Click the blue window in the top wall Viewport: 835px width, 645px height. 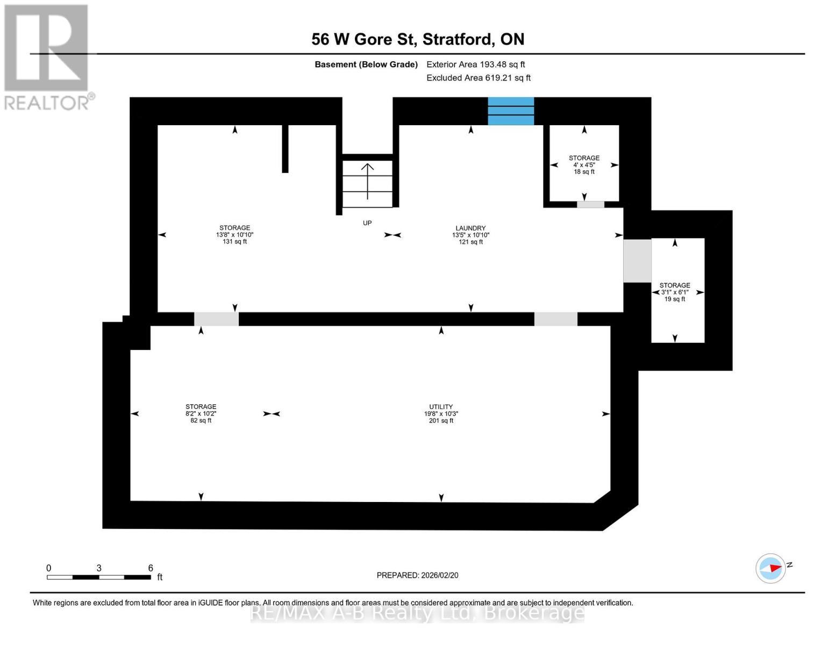(x=510, y=111)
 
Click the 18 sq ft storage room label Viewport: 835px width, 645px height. (x=584, y=164)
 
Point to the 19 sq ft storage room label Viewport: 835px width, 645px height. (x=674, y=292)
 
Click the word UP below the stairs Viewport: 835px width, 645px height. (x=367, y=223)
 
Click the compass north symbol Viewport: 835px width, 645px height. (x=770, y=568)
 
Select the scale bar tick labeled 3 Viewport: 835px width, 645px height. (x=99, y=568)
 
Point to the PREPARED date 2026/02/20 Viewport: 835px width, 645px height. (x=417, y=575)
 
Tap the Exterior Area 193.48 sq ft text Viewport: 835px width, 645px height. (x=475, y=64)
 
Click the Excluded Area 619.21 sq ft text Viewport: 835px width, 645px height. (x=478, y=78)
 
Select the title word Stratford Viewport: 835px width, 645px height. (x=458, y=39)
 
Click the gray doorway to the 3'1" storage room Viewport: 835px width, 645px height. (x=637, y=261)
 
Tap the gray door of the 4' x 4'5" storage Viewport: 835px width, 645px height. (x=590, y=205)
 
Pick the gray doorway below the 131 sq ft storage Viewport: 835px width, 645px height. (x=216, y=319)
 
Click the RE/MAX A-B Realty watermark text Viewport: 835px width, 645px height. (x=417, y=612)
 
